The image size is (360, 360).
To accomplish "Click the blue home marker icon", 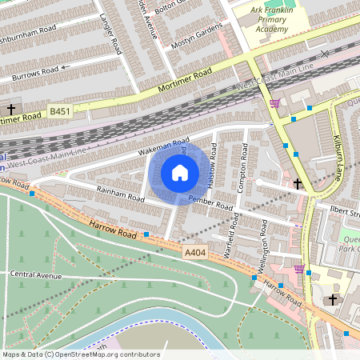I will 180,172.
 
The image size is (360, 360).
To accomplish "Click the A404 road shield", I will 194,253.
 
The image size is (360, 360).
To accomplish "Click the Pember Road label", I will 210,202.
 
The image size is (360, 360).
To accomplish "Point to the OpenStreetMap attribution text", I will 80,354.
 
